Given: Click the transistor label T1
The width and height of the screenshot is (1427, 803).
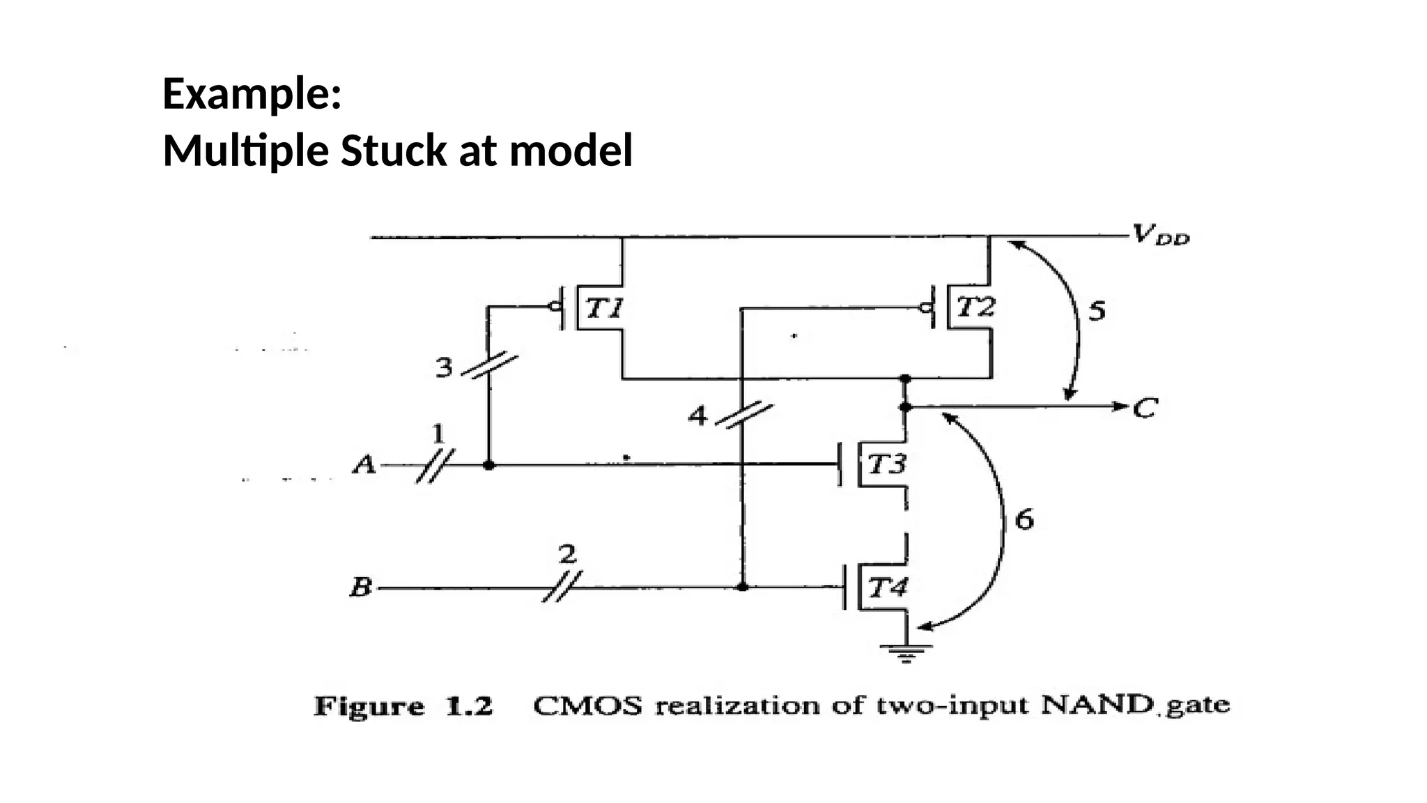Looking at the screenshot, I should [603, 307].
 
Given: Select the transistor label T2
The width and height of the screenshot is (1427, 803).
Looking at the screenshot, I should [975, 307].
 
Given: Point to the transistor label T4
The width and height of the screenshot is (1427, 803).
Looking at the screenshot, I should [888, 588].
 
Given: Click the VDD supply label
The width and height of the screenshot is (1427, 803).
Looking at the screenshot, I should [1160, 235].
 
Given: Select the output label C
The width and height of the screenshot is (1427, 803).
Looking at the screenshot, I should [1145, 407].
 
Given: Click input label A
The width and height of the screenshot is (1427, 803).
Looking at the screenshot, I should [364, 464].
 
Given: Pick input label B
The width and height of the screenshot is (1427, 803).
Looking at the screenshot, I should [361, 588].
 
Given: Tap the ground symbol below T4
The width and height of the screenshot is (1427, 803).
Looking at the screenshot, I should [906, 652].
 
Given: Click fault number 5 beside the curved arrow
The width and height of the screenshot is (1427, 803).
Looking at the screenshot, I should [1097, 310].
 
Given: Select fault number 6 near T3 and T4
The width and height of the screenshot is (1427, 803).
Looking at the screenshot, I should [1024, 519].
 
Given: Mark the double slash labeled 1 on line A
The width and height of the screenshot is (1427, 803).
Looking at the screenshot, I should [435, 466].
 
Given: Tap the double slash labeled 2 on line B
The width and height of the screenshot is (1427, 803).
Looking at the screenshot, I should [562, 588].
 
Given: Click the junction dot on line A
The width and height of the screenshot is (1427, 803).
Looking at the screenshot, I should [488, 465].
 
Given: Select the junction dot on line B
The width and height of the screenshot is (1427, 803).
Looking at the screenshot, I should [743, 588].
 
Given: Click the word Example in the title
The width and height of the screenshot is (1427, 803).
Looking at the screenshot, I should [251, 94].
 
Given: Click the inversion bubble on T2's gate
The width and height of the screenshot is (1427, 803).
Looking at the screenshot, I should [926, 307].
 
